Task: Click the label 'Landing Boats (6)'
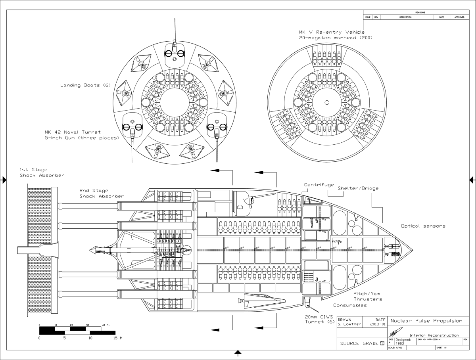(85, 85)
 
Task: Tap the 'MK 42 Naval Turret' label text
(73, 132)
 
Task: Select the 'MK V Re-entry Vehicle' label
(332, 32)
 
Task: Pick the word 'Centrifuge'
(319, 185)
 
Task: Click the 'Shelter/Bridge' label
(358, 188)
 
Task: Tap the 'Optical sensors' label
(423, 226)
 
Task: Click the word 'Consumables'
(350, 305)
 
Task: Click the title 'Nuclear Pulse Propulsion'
(427, 320)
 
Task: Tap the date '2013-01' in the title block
(378, 324)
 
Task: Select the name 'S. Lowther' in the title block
(349, 324)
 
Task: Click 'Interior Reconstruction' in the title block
(434, 335)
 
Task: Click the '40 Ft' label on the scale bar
(106, 325)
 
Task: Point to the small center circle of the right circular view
(326, 103)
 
